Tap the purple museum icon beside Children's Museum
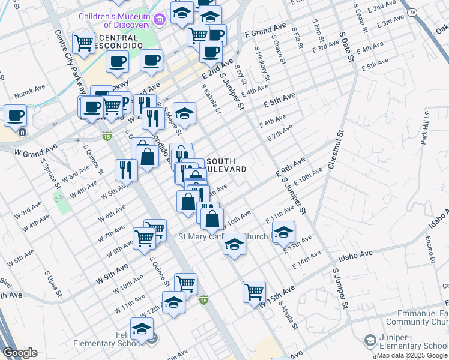point(159,20)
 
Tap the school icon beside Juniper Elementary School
point(370,341)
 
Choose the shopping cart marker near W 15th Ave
point(254,291)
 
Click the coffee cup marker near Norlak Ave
point(15,115)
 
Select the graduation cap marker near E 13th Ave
point(283,231)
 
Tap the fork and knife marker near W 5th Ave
point(126,169)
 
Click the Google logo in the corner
point(20,353)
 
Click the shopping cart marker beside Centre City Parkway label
point(84,42)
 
